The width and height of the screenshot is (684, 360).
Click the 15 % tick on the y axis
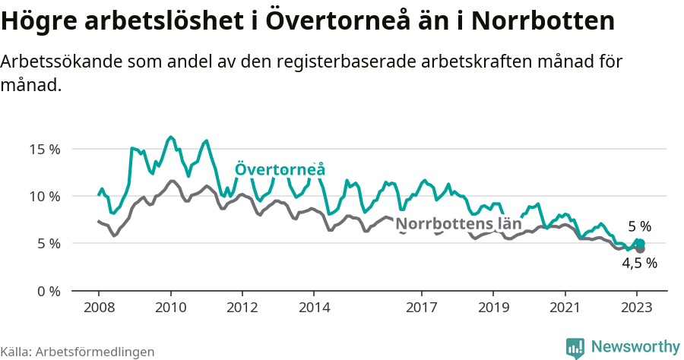45,149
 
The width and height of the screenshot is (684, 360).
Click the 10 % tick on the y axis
45,196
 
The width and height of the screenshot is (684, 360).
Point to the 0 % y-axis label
49,291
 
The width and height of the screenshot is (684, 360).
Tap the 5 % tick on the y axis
49,244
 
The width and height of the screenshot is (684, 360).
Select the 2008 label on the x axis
99,308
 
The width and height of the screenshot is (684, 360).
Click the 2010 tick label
170,308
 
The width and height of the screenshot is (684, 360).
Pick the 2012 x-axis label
242,308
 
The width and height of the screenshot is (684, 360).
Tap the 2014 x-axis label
314,308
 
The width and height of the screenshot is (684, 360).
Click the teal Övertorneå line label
280,169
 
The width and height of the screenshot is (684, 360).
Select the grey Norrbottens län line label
459,224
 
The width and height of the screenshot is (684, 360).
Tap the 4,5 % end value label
639,264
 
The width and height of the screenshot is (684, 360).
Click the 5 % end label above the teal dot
639,226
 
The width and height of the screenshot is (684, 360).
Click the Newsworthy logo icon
575,347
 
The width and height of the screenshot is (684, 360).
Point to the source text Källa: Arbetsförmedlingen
78,352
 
